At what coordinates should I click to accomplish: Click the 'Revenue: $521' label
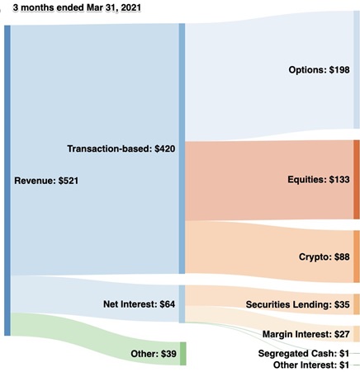point(47,179)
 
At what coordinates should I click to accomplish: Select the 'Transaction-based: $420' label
point(121,148)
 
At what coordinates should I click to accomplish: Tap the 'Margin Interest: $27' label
point(306,334)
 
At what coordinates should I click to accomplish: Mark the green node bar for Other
point(183,353)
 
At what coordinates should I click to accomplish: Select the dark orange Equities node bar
point(357,179)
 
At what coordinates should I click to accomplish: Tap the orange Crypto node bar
point(357,257)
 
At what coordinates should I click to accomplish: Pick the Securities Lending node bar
point(357,304)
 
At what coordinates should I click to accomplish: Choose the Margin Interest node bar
point(357,334)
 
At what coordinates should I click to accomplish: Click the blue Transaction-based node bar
point(182,148)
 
